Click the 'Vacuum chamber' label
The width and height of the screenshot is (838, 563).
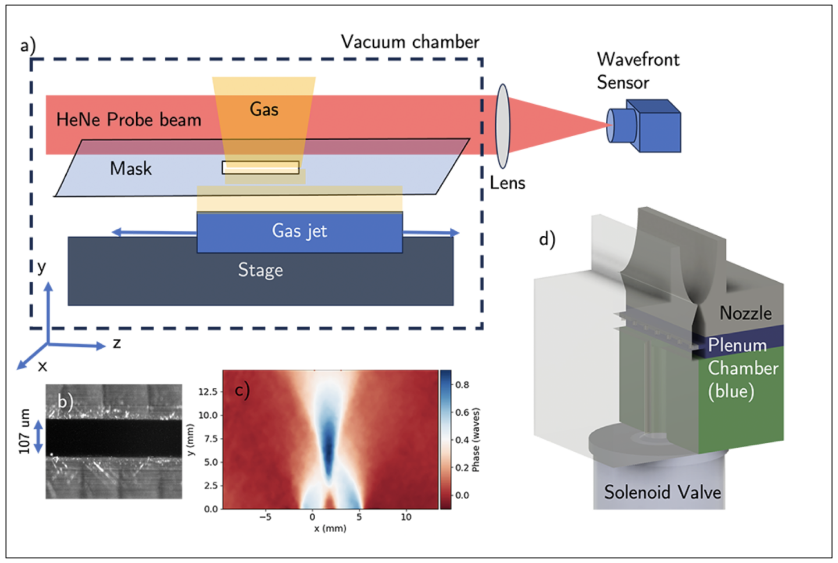coord(410,42)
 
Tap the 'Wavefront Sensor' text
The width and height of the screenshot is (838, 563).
coord(637,70)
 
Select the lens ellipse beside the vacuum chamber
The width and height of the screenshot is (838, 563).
coord(502,126)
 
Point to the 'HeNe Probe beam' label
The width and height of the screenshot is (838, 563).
coord(129,120)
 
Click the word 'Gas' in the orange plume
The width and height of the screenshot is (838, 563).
coord(264,109)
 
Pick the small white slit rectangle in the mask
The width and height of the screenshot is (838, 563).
coord(260,168)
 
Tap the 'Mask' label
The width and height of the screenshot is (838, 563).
coord(131,169)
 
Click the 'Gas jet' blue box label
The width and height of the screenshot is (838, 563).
coord(299,231)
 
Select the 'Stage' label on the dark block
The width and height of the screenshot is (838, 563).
coord(260,270)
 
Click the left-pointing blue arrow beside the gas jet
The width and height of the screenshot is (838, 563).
coord(152,232)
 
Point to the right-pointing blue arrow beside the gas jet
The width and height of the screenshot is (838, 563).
coord(431,233)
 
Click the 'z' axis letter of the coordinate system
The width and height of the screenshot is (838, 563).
coord(117,344)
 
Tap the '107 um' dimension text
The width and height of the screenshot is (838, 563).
coord(24,431)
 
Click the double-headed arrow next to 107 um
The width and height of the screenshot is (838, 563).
coord(38,437)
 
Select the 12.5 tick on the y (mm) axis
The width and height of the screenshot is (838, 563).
coord(208,391)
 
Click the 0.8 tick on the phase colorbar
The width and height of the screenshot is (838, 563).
coord(462,385)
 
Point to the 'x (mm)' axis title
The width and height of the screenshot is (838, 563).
coord(330,529)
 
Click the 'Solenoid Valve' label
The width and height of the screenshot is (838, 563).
coord(662,493)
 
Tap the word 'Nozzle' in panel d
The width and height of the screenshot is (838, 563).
coord(745,313)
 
